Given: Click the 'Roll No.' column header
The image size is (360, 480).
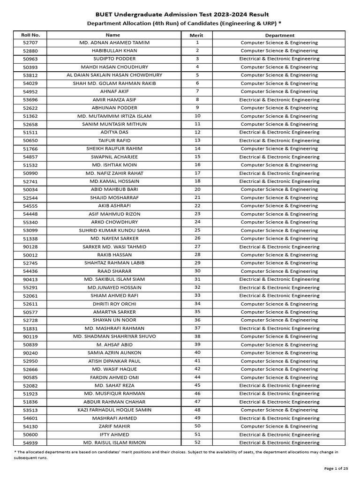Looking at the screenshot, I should click(x=30, y=35).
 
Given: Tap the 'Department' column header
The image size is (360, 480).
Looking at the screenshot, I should click(x=279, y=35).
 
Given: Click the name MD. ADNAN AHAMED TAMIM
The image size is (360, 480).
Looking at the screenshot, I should click(x=114, y=43).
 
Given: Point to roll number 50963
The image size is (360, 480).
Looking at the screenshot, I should click(x=30, y=59).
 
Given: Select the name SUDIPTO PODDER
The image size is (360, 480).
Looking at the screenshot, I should click(x=114, y=59).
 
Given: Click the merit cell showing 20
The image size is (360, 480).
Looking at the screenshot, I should click(x=197, y=189).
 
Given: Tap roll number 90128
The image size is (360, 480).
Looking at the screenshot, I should click(x=30, y=247).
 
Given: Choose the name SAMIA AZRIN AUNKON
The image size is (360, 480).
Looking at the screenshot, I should click(x=114, y=352).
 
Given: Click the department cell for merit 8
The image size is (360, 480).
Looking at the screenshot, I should click(x=279, y=100).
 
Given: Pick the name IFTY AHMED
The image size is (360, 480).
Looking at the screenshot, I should click(x=114, y=435).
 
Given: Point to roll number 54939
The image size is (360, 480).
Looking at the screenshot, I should click(x=30, y=442).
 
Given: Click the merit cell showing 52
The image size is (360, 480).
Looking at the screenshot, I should click(x=197, y=442).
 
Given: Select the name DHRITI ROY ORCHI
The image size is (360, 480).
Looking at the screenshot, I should click(x=114, y=304).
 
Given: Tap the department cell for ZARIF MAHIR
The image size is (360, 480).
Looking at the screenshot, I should click(x=279, y=426).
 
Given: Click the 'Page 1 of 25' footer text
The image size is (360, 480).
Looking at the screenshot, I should click(x=336, y=468).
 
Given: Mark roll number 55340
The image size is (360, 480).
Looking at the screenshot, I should click(x=30, y=222).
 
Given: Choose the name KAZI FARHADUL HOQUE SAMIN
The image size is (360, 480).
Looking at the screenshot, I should click(x=114, y=410).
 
